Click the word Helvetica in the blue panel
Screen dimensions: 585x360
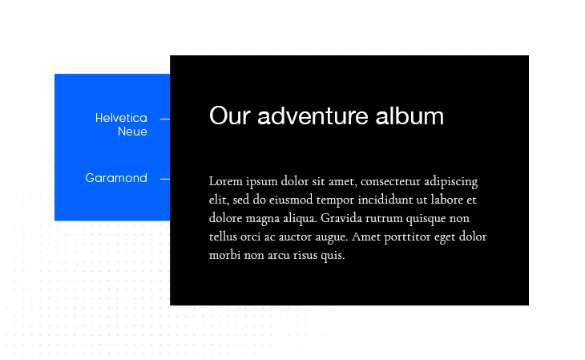[x=121, y=118]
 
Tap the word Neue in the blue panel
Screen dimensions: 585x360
[x=132, y=131]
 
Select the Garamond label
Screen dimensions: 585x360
[x=116, y=178]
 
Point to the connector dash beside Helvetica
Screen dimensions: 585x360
[x=165, y=119]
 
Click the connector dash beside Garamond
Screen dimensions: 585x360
[x=165, y=180]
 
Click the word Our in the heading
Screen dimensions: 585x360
[x=229, y=115]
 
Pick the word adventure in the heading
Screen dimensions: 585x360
[x=313, y=115]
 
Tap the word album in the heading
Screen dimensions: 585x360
[x=409, y=115]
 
